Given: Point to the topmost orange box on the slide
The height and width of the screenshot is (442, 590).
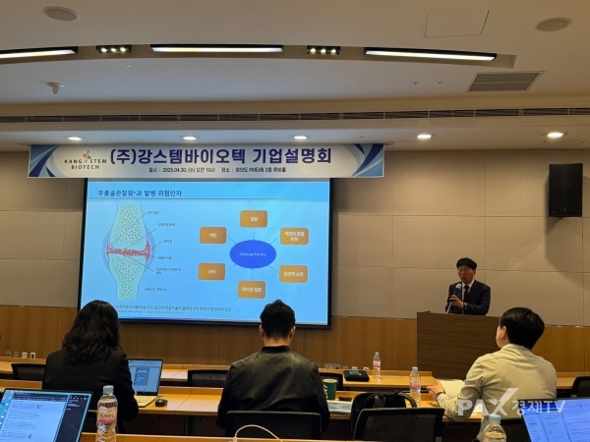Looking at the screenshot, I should [x=253, y=218].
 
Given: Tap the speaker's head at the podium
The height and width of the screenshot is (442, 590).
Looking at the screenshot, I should [x=467, y=268].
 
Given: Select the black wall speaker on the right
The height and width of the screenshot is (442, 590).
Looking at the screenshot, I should [x=564, y=190].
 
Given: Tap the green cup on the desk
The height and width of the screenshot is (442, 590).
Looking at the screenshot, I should [x=329, y=389].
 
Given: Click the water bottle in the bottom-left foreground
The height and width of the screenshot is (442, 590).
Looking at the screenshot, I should [x=107, y=414].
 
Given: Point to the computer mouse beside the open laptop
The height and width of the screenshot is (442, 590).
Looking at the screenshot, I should [x=161, y=401].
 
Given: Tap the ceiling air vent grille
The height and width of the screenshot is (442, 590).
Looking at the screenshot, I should [x=503, y=81].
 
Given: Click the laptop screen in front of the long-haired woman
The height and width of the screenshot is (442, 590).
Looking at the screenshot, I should [x=146, y=376].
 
